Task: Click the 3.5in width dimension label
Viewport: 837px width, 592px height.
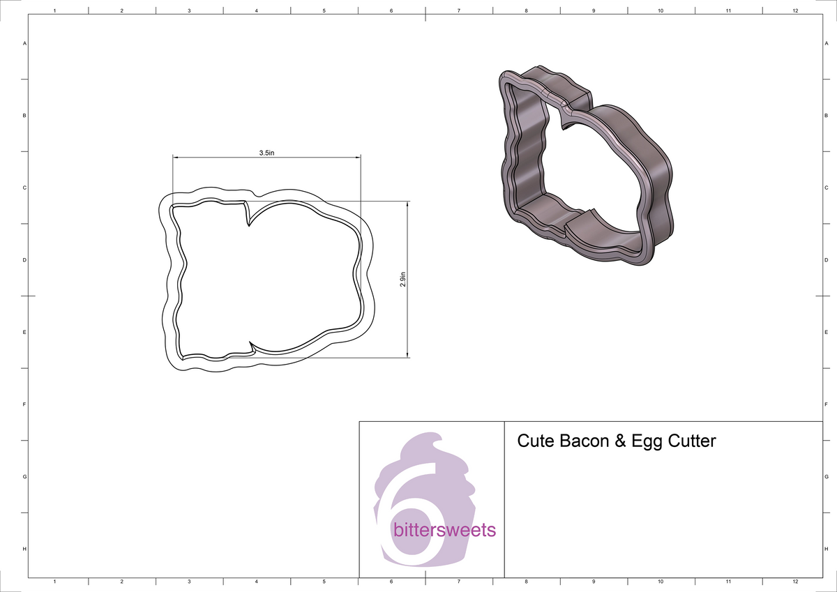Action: tap(266, 152)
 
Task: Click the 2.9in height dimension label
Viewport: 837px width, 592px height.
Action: tap(403, 280)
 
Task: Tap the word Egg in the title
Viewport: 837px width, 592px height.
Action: tap(648, 441)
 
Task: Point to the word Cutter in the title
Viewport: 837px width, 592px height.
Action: tap(692, 441)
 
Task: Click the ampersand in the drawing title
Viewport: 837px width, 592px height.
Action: tap(620, 441)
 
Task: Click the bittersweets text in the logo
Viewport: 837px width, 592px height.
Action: tap(444, 531)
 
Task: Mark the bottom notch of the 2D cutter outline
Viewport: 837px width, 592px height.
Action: tap(250, 347)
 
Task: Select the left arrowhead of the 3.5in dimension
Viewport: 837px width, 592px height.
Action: tap(176, 158)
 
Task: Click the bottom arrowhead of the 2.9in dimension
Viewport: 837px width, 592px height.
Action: tap(407, 355)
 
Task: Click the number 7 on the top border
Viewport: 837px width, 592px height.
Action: tap(458, 10)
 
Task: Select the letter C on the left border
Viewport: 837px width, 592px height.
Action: tap(25, 188)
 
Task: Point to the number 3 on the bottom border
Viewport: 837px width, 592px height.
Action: tap(189, 582)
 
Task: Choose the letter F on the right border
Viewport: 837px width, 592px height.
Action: tap(826, 404)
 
